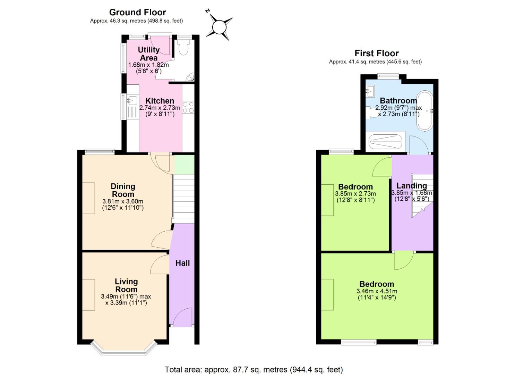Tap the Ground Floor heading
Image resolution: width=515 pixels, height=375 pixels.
pos(137,12)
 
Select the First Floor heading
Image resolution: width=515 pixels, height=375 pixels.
pos(376,53)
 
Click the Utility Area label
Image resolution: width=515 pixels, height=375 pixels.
pos(148,54)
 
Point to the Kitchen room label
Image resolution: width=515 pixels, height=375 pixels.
pos(160,101)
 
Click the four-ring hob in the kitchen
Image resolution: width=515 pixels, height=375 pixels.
pos(188,107)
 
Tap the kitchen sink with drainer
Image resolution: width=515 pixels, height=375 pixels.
pos(132,106)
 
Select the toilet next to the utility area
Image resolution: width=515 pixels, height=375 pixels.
pos(182,48)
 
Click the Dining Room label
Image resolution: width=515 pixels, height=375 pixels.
pos(123,190)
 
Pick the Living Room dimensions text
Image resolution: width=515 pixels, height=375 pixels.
pos(126,300)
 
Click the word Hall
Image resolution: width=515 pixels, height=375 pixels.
pos(182,263)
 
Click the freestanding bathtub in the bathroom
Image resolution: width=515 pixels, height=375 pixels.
pos(424,110)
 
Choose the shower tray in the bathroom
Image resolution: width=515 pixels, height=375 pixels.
pos(385,142)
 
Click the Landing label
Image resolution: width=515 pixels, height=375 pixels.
pos(412,186)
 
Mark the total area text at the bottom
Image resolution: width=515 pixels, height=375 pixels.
pos(254,369)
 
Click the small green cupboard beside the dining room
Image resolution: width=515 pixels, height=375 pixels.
pos(184,164)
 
